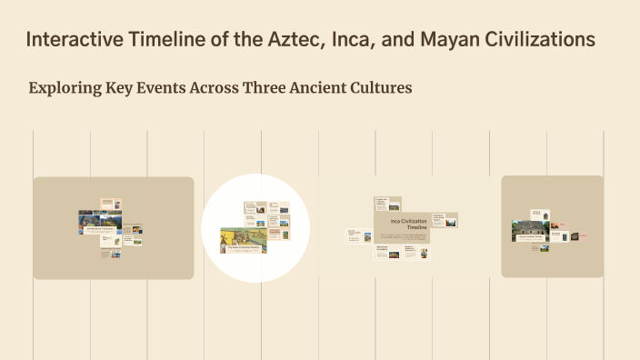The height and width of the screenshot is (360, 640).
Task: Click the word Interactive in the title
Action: pos(72,41)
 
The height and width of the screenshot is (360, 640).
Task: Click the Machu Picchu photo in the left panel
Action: pos(92,219)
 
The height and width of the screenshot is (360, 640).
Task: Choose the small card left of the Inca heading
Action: pos(355,235)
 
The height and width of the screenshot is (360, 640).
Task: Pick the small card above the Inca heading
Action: pos(387,203)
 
